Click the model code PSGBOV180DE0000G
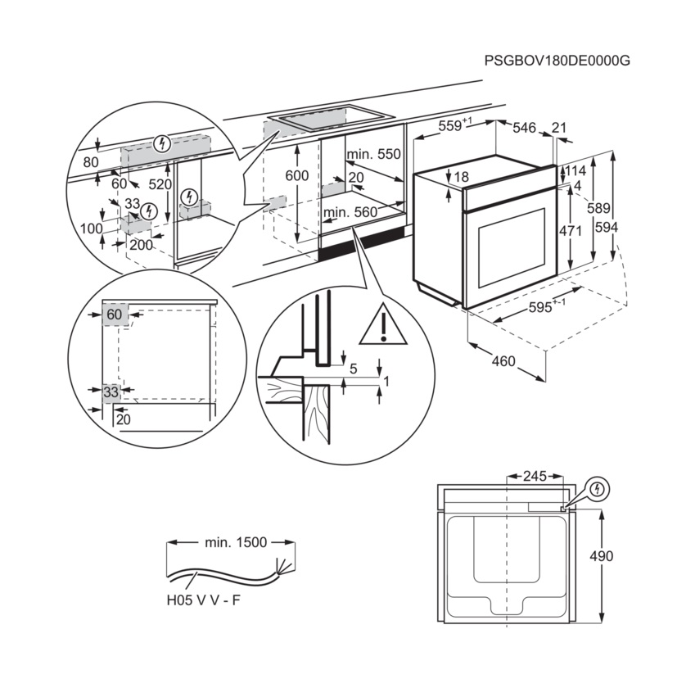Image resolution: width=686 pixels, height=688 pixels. pyautogui.click(x=558, y=61)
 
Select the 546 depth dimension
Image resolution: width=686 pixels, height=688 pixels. pyautogui.click(x=524, y=128)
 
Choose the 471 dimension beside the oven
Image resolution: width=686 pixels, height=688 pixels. pyautogui.click(x=570, y=231)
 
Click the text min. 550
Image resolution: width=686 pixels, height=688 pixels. pyautogui.click(x=373, y=155)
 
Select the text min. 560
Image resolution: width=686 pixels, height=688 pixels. pyautogui.click(x=350, y=213)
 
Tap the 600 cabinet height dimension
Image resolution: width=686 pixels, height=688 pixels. pyautogui.click(x=297, y=176)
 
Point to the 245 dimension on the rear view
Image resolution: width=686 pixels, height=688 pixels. pyautogui.click(x=534, y=475)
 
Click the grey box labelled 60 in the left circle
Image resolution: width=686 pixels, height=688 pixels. pyautogui.click(x=115, y=314)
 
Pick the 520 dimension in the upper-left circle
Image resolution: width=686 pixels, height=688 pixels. pyautogui.click(x=160, y=185)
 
